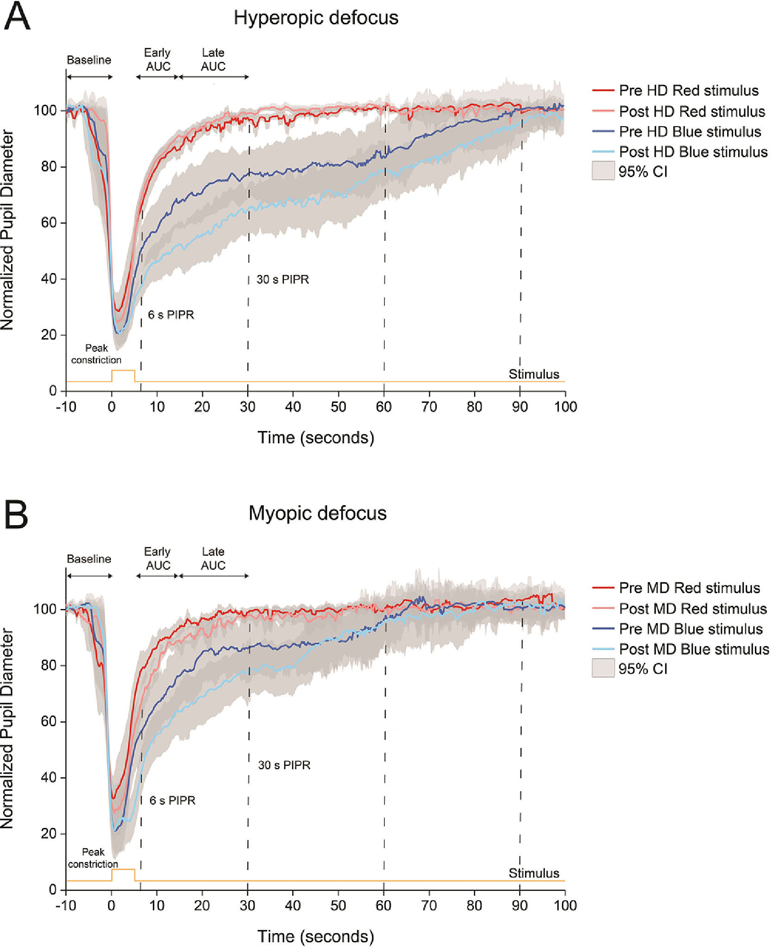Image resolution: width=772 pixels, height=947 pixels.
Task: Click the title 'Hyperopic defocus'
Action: tap(316, 18)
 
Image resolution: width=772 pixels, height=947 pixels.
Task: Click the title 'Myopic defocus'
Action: tap(317, 513)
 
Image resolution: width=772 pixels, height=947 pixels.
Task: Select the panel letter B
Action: tap(16, 515)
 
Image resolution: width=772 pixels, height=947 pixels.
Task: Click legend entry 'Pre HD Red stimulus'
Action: tap(688, 90)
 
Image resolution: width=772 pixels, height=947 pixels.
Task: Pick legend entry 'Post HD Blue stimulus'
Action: tap(693, 152)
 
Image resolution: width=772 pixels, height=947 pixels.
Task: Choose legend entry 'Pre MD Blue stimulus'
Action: tap(690, 629)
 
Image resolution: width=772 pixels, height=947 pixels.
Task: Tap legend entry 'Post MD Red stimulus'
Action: tap(692, 608)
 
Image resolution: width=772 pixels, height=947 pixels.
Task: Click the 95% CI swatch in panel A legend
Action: tap(603, 171)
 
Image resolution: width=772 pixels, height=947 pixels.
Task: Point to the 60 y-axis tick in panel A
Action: tap(49, 223)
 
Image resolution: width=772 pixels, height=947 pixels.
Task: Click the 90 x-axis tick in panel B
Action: tap(520, 905)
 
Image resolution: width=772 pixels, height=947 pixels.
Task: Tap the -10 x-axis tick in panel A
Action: tap(66, 407)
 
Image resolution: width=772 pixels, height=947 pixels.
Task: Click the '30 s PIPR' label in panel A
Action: tap(282, 280)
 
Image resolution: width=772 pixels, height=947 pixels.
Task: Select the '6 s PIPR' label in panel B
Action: tap(172, 800)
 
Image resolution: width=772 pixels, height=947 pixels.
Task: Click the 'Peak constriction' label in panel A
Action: tap(96, 354)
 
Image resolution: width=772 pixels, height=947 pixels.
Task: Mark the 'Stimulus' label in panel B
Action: tap(533, 873)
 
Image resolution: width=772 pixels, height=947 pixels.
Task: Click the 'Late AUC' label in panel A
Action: tap(213, 60)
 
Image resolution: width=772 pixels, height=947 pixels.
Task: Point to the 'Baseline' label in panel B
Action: tap(89, 559)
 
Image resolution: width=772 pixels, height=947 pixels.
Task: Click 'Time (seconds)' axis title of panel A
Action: tap(316, 438)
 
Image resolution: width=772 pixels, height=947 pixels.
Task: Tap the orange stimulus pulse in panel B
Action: tap(123, 870)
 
